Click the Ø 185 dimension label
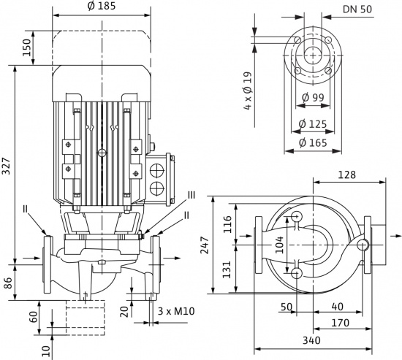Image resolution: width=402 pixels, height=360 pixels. [102, 6]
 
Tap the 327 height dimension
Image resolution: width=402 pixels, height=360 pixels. [7, 166]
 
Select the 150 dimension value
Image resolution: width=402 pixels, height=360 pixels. [28, 47]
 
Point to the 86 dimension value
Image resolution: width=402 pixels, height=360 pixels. [9, 283]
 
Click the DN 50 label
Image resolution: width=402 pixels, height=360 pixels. [357, 9]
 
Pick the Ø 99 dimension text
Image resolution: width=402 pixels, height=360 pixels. [313, 97]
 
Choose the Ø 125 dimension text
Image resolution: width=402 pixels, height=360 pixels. [313, 124]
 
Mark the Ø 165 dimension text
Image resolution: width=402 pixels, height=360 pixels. [313, 142]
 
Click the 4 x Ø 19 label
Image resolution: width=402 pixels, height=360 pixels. [249, 91]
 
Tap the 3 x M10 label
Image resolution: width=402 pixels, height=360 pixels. [176, 311]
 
